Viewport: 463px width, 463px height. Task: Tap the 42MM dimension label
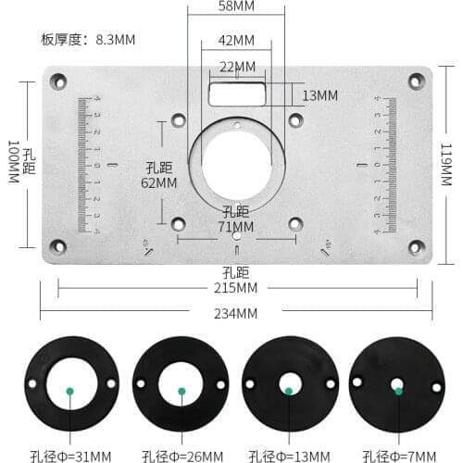(237, 41)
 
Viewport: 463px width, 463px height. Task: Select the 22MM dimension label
(237, 67)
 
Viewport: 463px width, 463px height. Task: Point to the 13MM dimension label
(319, 95)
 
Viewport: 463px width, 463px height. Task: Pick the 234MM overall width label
(236, 313)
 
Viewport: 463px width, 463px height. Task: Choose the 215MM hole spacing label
(236, 288)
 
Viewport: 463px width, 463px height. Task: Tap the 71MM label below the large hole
(236, 225)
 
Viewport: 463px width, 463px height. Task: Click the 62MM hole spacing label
(159, 182)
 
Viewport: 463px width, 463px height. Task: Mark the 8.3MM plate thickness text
(88, 40)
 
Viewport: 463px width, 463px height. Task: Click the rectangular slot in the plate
(237, 94)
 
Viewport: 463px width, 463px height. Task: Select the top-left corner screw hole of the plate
(57, 81)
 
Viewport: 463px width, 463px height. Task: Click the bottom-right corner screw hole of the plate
(416, 245)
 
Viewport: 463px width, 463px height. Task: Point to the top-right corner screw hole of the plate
(416, 81)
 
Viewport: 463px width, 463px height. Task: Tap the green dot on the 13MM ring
(289, 391)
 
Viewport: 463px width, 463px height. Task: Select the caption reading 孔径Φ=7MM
(398, 455)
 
